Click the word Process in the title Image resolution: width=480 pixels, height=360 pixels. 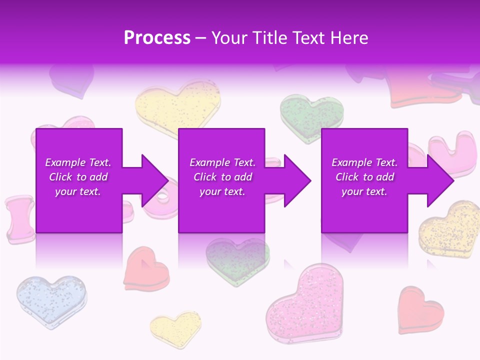[157, 38]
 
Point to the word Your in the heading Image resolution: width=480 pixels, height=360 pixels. [228, 38]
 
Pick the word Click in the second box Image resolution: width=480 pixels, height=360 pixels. [204, 177]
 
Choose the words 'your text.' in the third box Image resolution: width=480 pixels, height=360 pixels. [364, 191]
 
